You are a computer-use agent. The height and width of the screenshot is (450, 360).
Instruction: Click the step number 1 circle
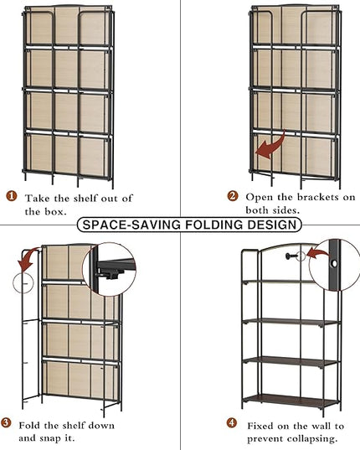12,196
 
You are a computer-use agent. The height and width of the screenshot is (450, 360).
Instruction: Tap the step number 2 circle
233,196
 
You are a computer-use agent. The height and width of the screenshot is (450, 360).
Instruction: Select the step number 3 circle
6,423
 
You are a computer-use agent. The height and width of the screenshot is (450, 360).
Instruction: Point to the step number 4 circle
232,423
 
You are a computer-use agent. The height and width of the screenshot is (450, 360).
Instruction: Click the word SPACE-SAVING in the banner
131,225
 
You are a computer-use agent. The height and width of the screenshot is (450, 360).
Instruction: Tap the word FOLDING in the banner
214,225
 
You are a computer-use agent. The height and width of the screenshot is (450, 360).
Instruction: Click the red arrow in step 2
272,147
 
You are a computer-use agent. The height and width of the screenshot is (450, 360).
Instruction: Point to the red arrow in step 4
318,253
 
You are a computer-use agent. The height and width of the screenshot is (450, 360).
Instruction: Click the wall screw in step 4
291,256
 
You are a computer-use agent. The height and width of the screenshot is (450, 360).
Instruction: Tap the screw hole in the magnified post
334,263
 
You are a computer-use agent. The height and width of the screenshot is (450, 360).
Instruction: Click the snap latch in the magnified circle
111,274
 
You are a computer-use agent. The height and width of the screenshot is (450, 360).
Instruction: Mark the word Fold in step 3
30,426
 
